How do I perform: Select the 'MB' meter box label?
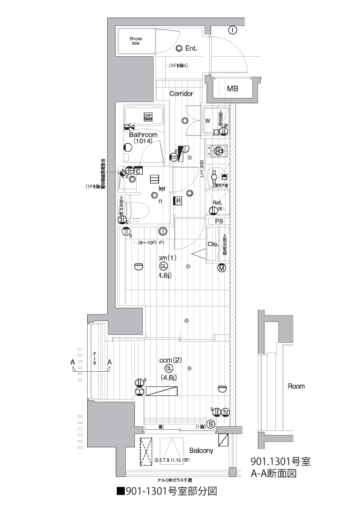pos(232,89)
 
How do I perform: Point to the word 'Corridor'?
pos(181,94)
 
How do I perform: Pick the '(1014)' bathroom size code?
pos(143,141)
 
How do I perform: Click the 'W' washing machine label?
pos(208,120)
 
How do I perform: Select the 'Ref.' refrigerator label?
pos(217,203)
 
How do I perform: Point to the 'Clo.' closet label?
pos(213,244)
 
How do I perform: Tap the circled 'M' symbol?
pos(222,268)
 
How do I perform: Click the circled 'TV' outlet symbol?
pos(225,412)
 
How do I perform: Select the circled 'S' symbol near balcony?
pos(210,424)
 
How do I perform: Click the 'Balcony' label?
pos(201,451)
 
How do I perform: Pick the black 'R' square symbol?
pos(179,201)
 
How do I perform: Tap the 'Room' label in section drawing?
pos(296,386)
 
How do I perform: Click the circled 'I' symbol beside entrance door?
pos(232,30)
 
